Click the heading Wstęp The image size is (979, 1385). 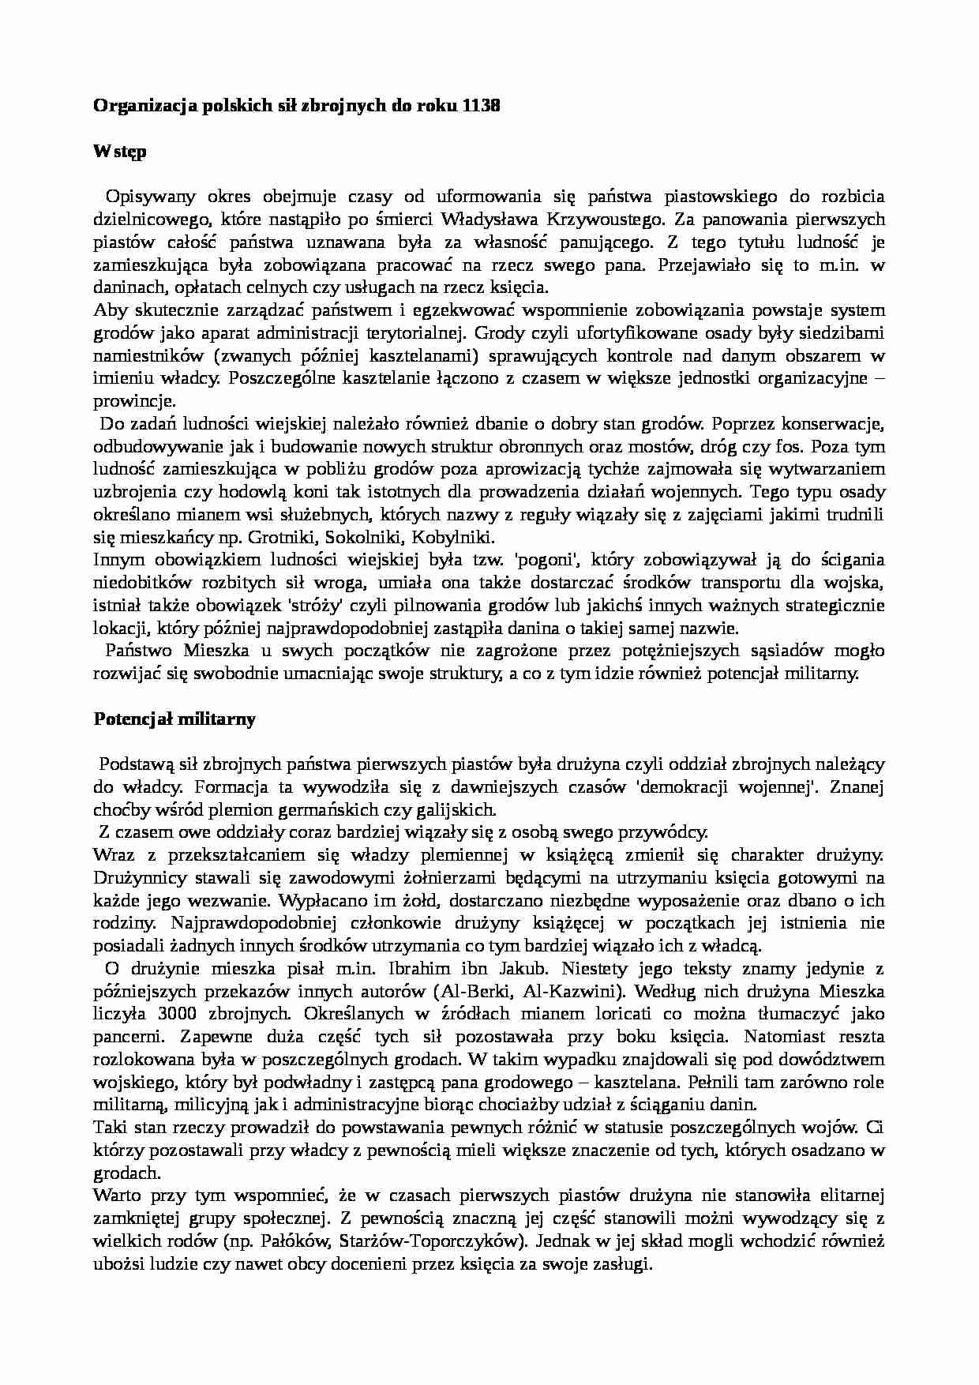click(x=119, y=152)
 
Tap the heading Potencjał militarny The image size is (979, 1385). click(x=174, y=719)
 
